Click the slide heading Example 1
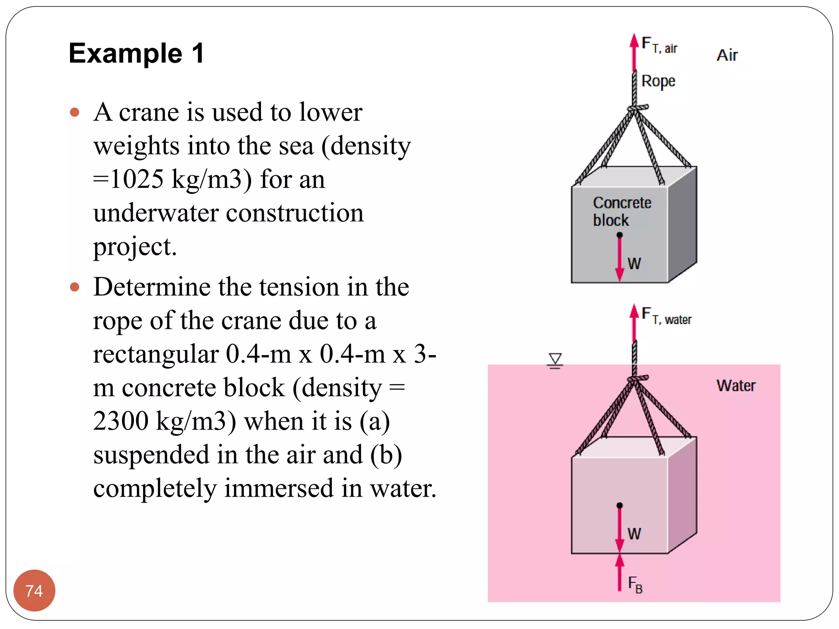point(136,53)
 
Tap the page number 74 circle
point(34,591)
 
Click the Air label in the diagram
point(727,55)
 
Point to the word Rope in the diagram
point(658,81)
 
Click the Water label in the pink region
point(736,386)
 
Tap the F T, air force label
point(659,45)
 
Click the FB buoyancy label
point(635,584)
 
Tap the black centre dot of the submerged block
point(620,505)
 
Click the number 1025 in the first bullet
point(136,179)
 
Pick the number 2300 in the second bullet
point(120,421)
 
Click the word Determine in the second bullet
point(152,287)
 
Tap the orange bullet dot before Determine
point(75,287)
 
